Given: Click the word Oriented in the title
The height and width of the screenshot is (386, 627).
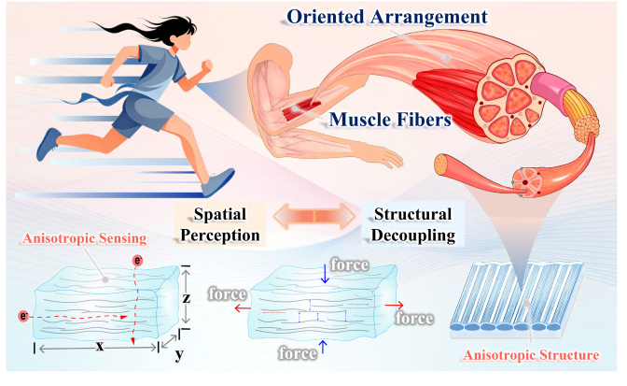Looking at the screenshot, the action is tap(326, 17).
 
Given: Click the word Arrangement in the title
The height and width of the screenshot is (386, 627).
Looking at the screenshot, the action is tap(428, 18).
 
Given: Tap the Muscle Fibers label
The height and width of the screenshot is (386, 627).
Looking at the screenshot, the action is tap(390, 120).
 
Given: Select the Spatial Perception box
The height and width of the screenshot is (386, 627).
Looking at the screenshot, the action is tap(220, 224).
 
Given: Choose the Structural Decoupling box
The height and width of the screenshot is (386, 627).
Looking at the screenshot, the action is tap(413, 224).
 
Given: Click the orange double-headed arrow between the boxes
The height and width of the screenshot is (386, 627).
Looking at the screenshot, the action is tap(314, 216).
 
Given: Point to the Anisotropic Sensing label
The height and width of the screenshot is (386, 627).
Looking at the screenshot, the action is tap(84, 238).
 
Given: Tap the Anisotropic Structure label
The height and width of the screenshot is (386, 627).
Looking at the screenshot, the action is tap(531, 355).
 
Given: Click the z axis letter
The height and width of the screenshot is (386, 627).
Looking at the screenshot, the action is tap(186, 298).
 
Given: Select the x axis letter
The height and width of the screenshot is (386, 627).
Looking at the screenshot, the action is tap(100, 346).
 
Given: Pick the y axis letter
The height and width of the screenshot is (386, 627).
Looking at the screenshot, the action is tap(179, 354).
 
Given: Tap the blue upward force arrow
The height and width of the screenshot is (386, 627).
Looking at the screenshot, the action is tap(323, 347).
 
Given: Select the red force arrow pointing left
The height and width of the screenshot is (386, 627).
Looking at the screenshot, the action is tap(243, 307).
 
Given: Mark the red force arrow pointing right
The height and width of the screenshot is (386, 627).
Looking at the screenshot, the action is tap(395, 306).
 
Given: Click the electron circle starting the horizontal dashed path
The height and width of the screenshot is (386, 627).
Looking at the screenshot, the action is tap(23, 316).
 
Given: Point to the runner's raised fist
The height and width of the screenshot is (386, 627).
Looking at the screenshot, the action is tap(206, 65).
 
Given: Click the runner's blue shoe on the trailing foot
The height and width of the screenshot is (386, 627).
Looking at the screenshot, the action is tap(48, 144).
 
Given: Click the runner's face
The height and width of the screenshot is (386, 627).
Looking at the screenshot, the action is tap(182, 39).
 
